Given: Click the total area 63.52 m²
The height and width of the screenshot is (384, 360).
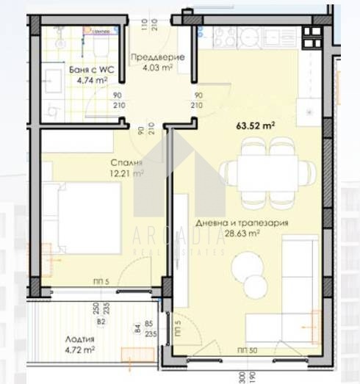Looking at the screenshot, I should [x=255, y=125].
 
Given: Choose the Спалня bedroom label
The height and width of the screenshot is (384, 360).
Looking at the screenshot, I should [x=106, y=163].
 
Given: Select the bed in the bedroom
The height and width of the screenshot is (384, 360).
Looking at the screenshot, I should [x=81, y=218].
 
